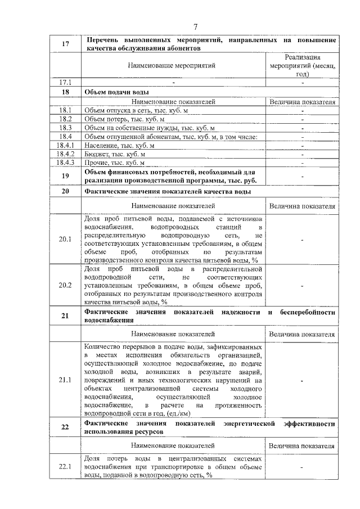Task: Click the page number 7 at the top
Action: point(195,26)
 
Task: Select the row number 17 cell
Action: point(65,44)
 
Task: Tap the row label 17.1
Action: point(65,82)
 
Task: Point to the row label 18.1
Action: point(65,110)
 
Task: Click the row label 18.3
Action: point(65,128)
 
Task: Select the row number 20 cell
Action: point(65,191)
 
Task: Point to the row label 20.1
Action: point(65,240)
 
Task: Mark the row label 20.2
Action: point(65,285)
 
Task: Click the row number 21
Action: point(65,316)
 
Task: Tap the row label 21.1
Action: point(65,380)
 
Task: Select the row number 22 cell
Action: point(65,427)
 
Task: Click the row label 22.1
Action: point(65,467)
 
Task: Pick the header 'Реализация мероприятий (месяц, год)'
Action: point(303,66)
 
